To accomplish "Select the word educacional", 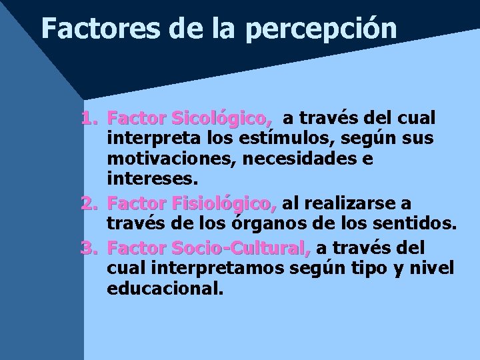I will click(x=165, y=289).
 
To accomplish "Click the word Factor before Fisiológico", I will click(x=137, y=202).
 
